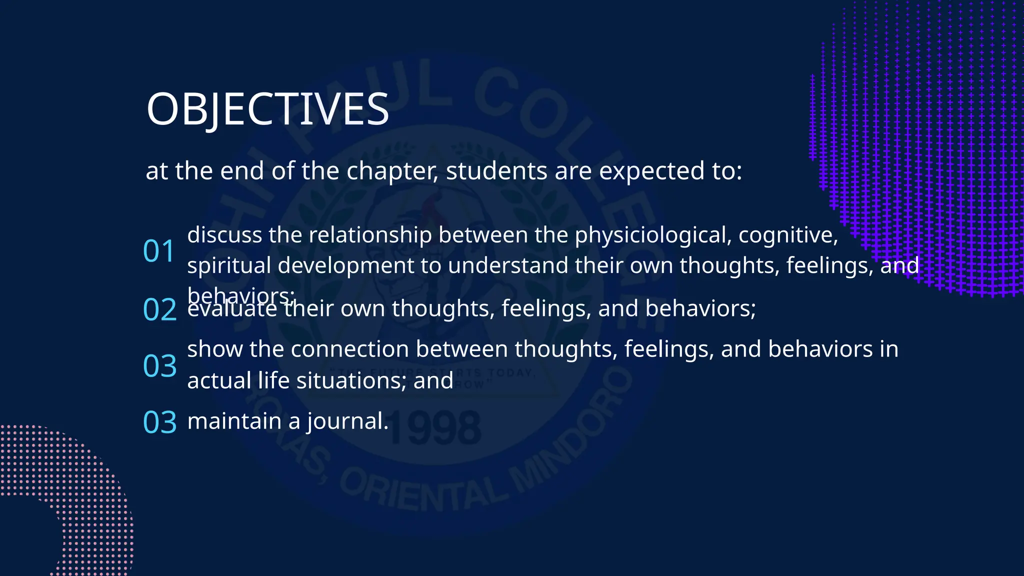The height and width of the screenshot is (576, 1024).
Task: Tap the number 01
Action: (x=158, y=250)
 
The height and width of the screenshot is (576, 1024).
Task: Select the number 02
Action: (x=160, y=309)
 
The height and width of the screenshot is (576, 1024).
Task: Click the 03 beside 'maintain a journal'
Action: (x=160, y=422)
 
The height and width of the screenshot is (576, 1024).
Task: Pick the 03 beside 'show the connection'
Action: (x=160, y=365)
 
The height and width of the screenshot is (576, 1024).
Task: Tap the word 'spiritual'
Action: (x=229, y=265)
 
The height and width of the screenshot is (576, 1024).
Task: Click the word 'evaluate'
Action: (x=232, y=308)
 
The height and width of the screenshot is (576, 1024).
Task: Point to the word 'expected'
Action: (x=648, y=171)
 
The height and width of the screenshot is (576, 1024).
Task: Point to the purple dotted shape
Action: (x=925, y=150)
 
